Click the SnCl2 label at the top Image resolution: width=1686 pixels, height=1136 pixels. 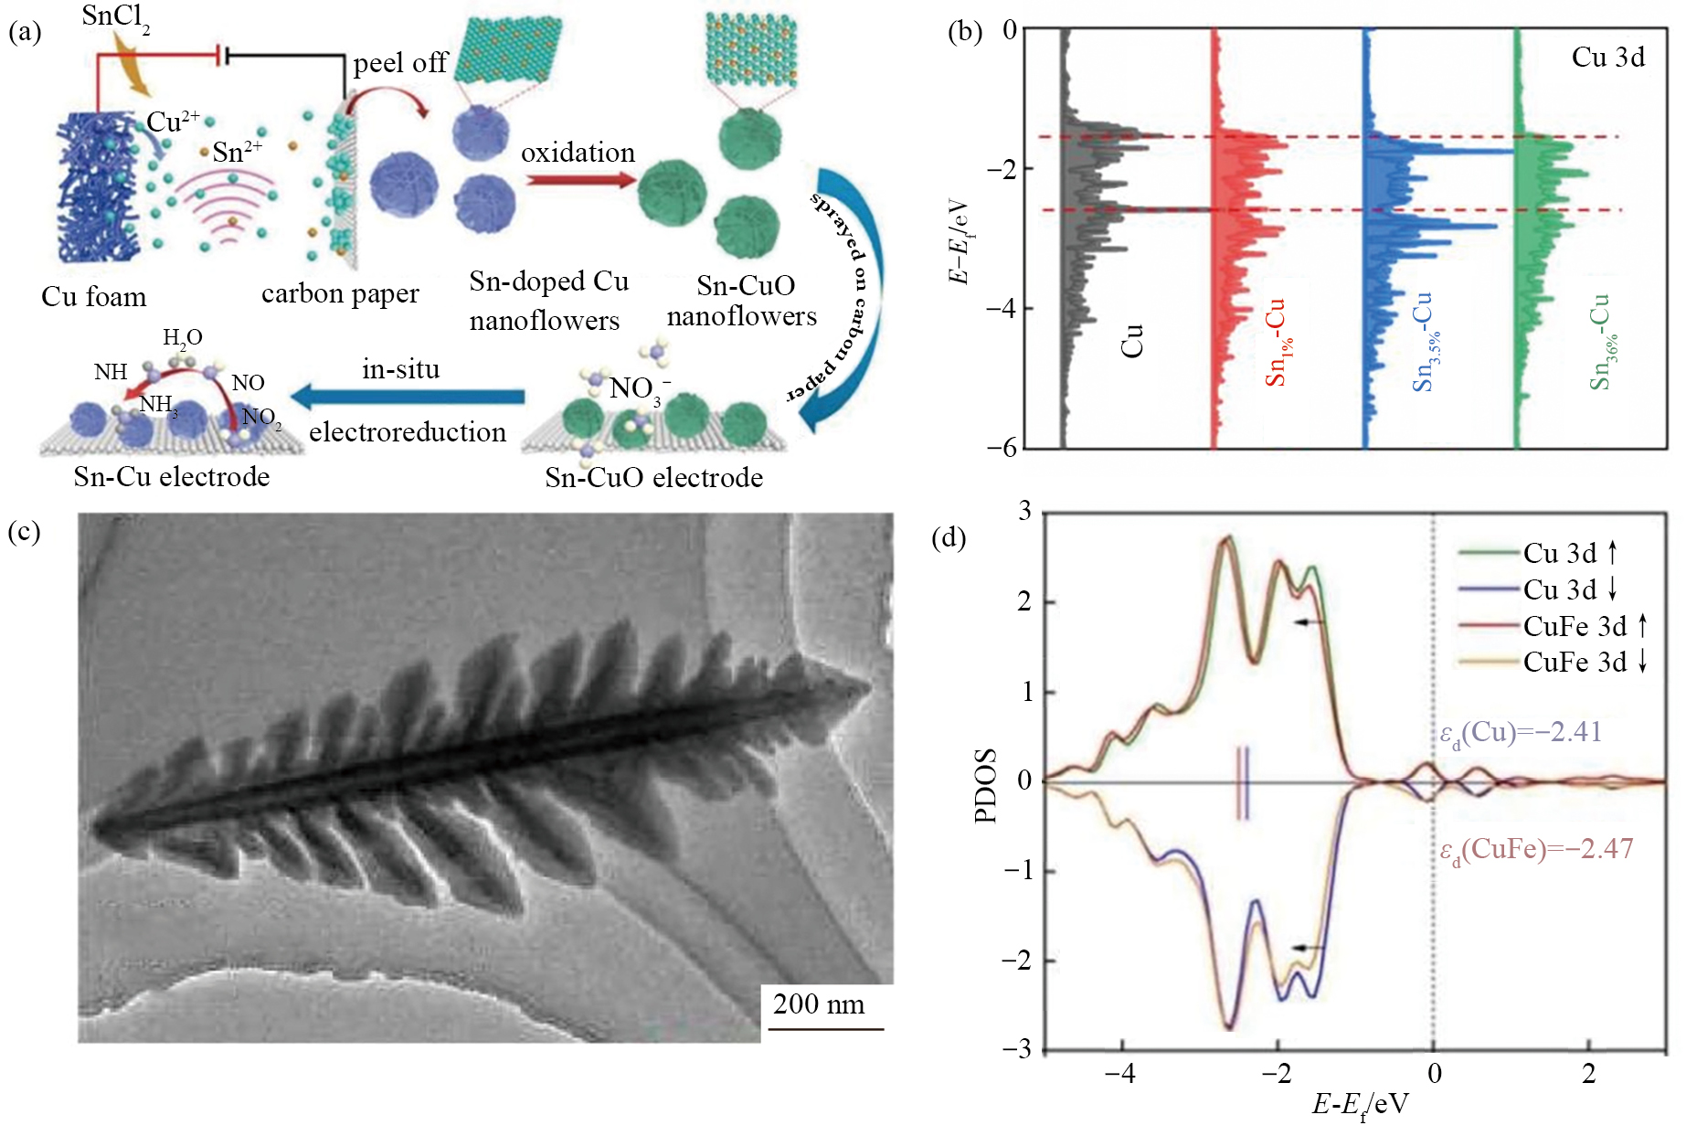(x=116, y=17)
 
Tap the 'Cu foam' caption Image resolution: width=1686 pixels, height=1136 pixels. (x=93, y=297)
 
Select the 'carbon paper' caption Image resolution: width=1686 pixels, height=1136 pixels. (x=340, y=294)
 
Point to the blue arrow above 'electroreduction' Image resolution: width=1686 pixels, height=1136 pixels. (x=408, y=397)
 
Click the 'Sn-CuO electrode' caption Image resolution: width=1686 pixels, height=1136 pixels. (x=653, y=477)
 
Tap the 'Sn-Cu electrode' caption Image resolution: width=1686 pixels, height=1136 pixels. (x=172, y=477)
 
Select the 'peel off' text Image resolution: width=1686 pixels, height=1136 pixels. (x=400, y=63)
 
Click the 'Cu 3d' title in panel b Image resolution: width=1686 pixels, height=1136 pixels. (x=1608, y=57)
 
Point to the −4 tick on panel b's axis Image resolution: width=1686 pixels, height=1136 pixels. (x=1001, y=308)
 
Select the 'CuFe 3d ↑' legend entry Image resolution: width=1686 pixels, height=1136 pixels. (x=1553, y=626)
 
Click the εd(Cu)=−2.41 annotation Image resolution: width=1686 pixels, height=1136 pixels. (x=1521, y=733)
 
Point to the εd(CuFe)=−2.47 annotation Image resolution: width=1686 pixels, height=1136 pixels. (x=1536, y=850)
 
